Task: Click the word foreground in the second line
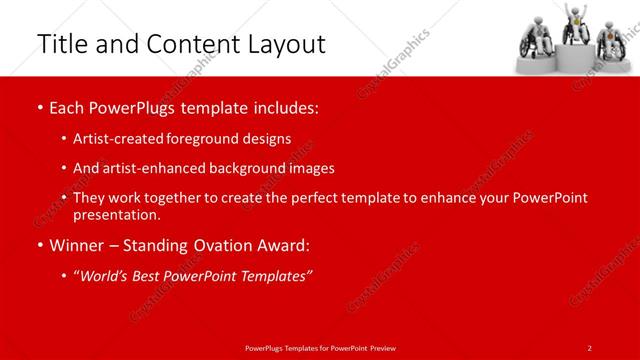209,138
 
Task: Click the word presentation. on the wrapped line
116,215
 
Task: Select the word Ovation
227,245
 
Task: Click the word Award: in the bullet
287,245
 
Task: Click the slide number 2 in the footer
589,347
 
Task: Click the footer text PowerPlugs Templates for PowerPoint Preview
320,347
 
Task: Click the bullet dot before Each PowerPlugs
38,107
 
